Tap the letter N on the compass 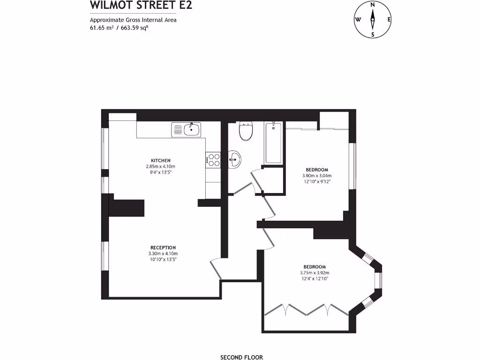(373, 5)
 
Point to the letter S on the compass (373, 34)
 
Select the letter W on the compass (358, 20)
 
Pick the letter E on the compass (389, 20)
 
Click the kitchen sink (186, 129)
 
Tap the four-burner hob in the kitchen (214, 160)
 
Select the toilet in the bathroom (246, 131)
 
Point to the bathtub (273, 142)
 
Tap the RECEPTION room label (163, 247)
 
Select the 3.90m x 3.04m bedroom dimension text (317, 176)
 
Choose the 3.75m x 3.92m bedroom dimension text (315, 273)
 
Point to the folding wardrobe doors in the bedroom (306, 309)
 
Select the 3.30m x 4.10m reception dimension (163, 254)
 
